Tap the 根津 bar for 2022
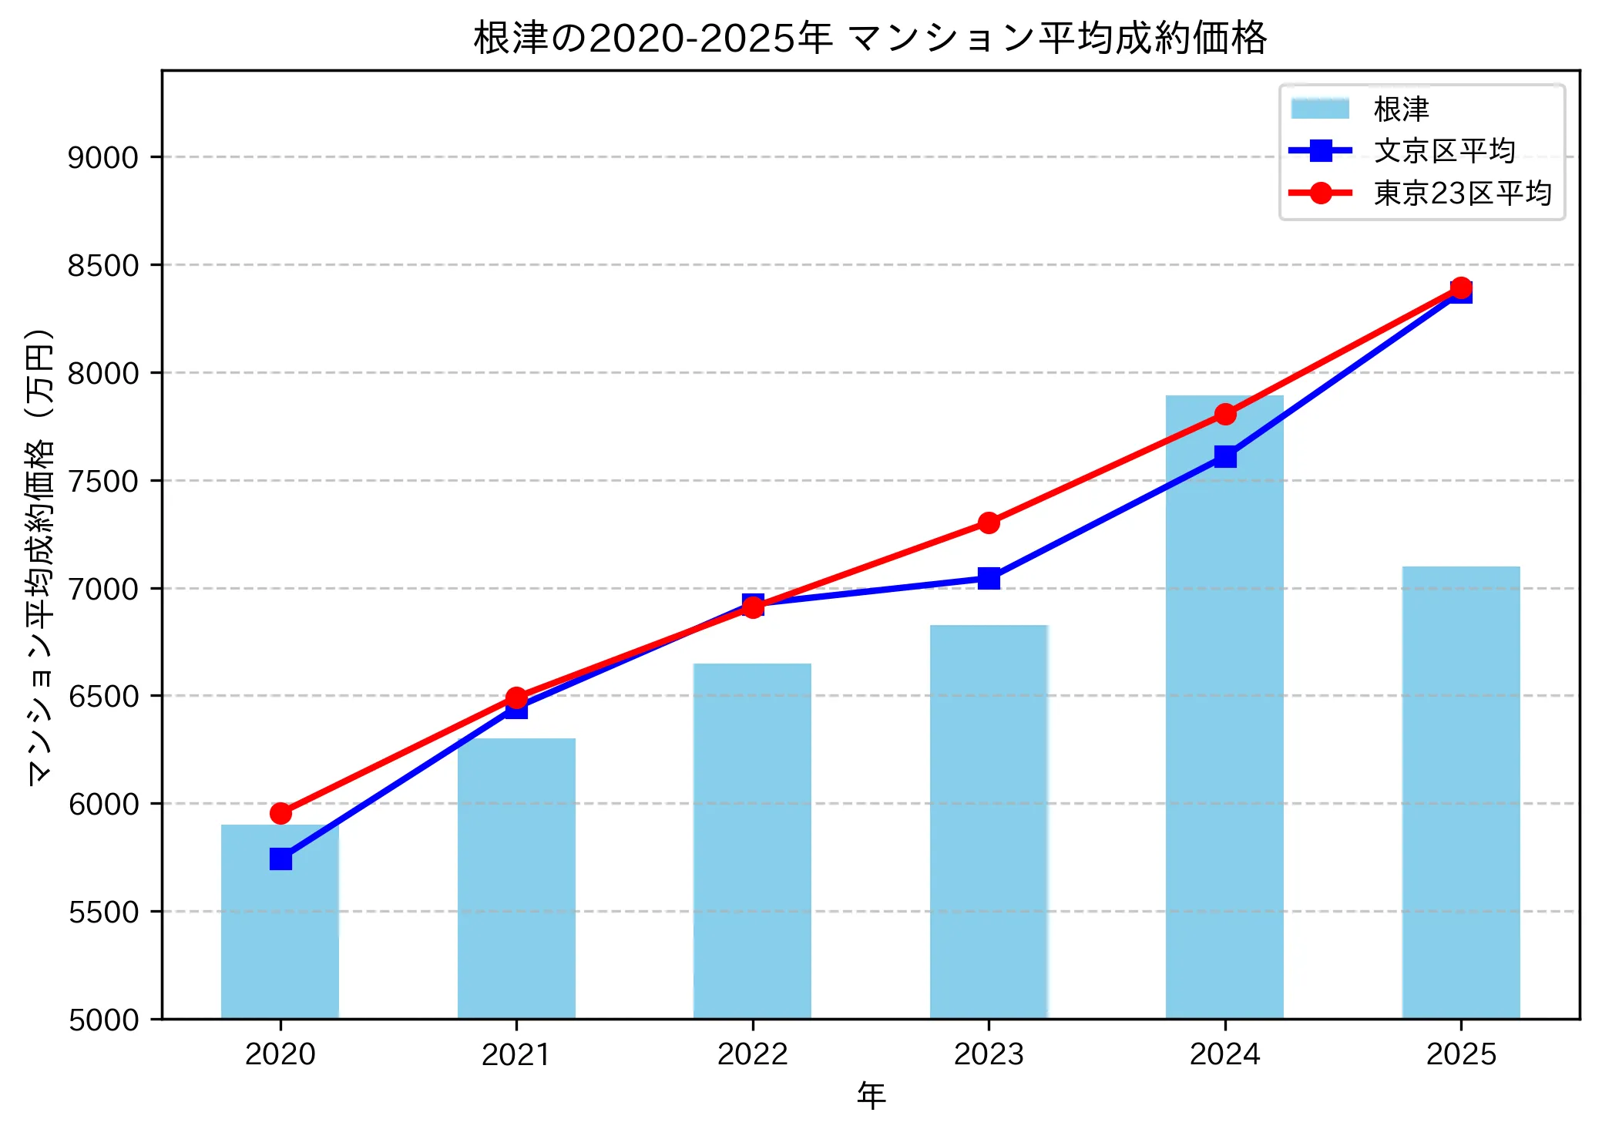(x=752, y=840)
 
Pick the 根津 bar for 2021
(x=516, y=879)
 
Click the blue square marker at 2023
(x=989, y=578)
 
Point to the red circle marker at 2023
(x=989, y=523)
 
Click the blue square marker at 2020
(x=280, y=859)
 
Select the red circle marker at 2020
(x=280, y=813)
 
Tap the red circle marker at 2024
(x=1225, y=415)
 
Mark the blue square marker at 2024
(x=1225, y=456)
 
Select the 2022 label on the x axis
(x=752, y=1054)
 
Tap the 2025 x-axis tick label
(x=1460, y=1054)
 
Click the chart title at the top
(x=870, y=37)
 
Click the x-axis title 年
(x=871, y=1095)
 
